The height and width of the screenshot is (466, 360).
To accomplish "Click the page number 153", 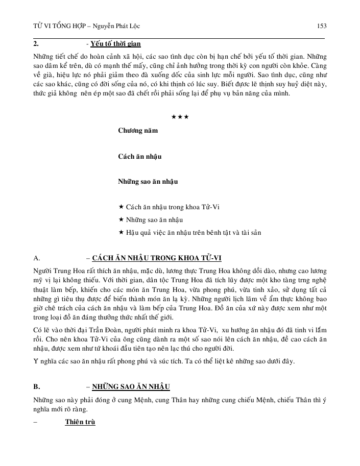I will [322, 26].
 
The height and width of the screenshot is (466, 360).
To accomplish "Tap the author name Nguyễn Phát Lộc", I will [120, 26].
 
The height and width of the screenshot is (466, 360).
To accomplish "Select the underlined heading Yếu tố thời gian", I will [115, 44].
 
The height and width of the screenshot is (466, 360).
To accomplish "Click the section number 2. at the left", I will [36, 44].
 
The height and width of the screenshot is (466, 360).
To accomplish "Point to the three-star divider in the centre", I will [180, 117].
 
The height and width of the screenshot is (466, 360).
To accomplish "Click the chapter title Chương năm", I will [138, 130].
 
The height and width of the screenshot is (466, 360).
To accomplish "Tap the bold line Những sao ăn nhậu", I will [148, 181].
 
